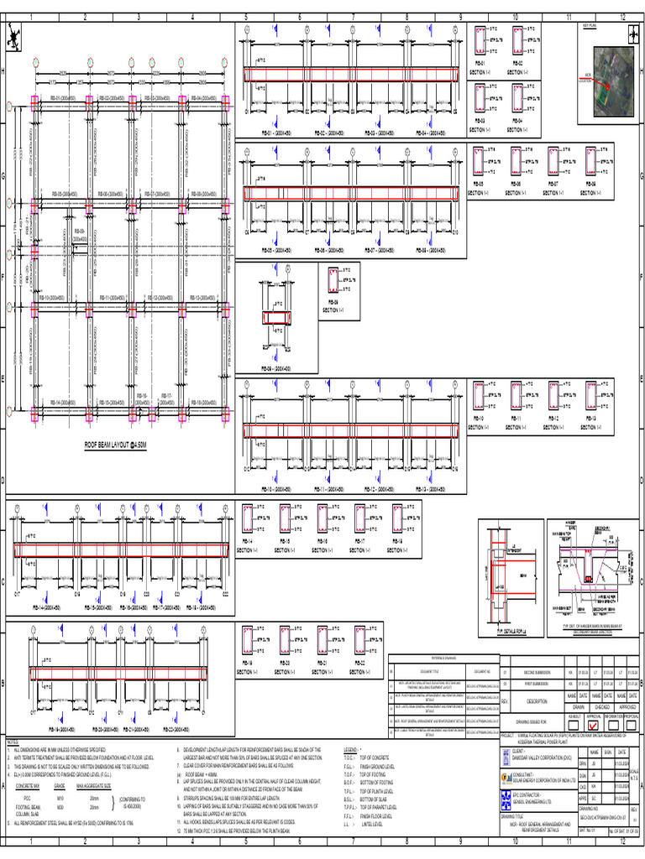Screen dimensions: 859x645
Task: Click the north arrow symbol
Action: (x=13, y=36)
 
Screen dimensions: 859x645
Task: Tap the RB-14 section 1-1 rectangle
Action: (x=248, y=518)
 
